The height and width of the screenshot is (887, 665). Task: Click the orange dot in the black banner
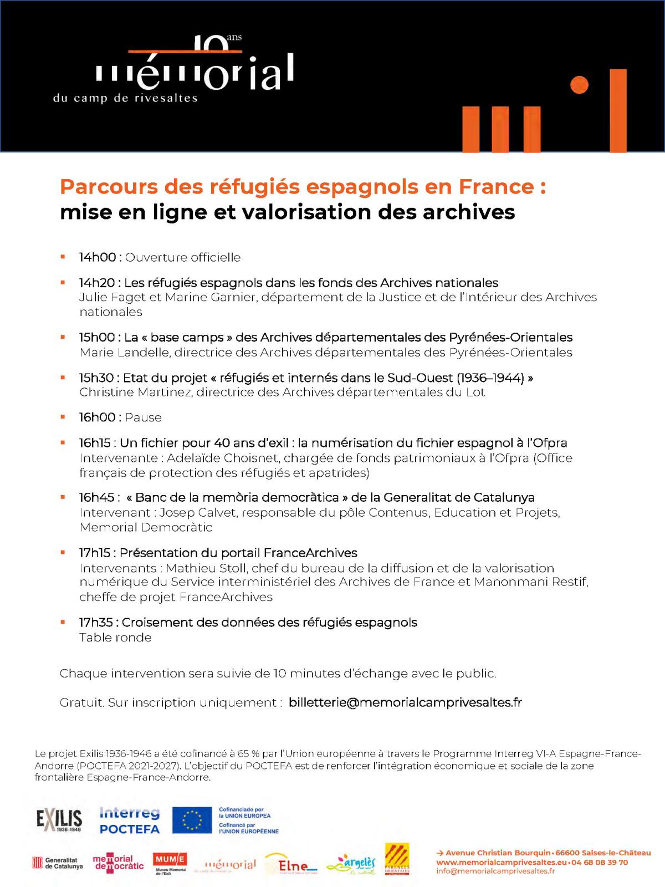click(579, 85)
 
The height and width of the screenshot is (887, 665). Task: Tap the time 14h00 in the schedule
click(98, 257)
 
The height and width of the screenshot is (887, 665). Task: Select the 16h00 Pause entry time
click(98, 417)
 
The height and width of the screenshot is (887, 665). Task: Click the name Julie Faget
click(112, 297)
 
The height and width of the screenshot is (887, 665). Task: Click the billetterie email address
click(405, 702)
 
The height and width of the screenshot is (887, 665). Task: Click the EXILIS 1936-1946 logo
click(59, 820)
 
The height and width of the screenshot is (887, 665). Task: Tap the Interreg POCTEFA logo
click(130, 821)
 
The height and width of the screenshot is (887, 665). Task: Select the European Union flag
click(192, 820)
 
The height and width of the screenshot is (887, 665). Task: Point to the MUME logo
click(170, 863)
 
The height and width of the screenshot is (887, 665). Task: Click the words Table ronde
click(115, 638)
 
